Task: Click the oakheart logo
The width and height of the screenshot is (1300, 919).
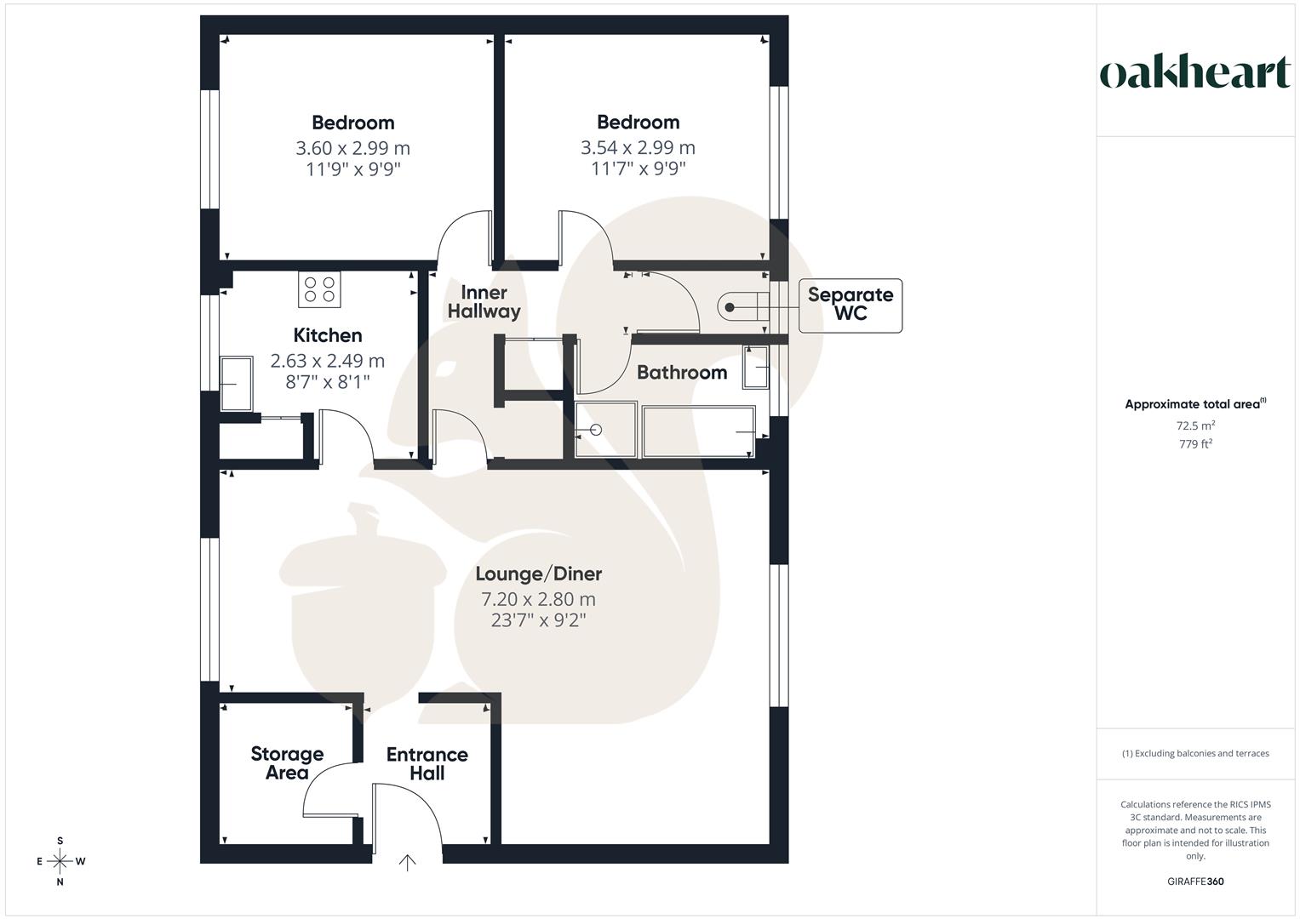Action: [1194, 73]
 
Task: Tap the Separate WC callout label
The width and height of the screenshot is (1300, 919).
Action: [850, 305]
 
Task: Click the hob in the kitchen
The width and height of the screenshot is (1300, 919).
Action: [319, 289]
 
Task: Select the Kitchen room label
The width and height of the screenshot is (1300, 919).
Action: [328, 335]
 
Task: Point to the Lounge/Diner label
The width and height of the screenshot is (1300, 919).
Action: [538, 574]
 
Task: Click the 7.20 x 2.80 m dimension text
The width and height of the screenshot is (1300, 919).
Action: [538, 599]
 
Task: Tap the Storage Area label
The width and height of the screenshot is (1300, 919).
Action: [287, 763]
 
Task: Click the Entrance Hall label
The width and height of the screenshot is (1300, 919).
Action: [427, 764]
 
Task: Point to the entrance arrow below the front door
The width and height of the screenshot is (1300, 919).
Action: [408, 863]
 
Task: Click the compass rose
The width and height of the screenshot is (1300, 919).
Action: [60, 861]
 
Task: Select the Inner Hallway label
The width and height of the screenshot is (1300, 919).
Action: [484, 302]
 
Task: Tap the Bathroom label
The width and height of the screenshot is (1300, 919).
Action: [681, 373]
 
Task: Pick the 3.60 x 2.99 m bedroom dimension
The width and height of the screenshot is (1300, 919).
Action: [352, 148]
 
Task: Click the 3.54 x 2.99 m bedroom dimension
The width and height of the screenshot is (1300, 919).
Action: [638, 148]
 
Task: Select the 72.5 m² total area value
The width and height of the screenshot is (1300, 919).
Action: [1195, 425]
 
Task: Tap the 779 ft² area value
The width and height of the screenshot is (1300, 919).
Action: [1195, 444]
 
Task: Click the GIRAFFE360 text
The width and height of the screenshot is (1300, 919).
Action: [1195, 882]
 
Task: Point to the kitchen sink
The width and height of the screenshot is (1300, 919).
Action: [236, 384]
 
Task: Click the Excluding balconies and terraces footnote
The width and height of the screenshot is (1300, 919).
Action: [1195, 753]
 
